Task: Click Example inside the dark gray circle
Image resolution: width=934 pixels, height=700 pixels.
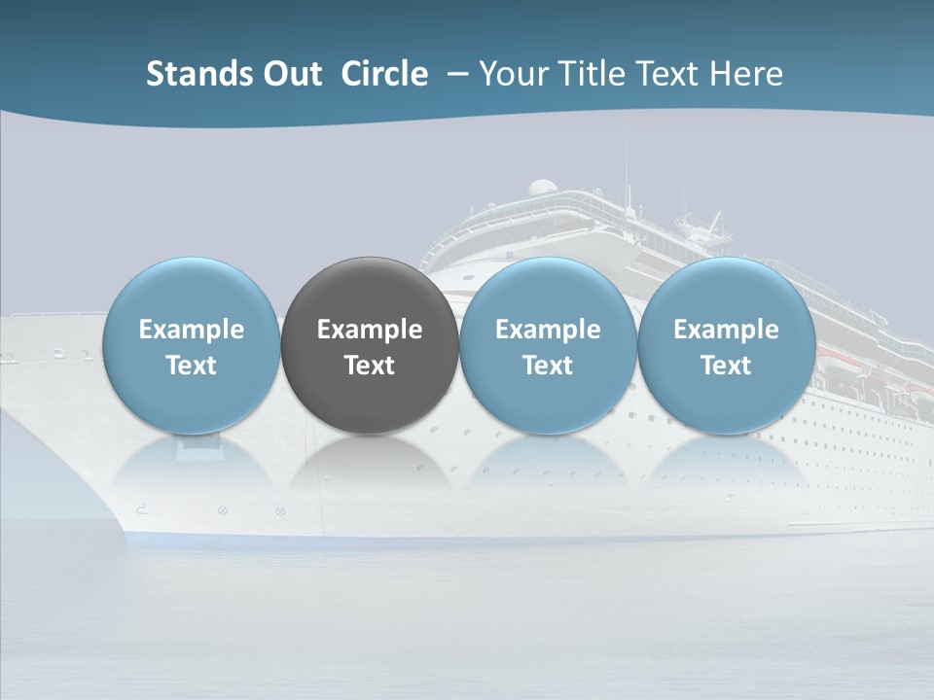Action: pyautogui.click(x=370, y=330)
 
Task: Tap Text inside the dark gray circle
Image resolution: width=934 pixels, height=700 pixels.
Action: pyautogui.click(x=370, y=366)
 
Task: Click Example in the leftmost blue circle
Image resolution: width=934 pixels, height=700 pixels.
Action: pyautogui.click(x=192, y=330)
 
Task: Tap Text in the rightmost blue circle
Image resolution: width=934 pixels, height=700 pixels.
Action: pyautogui.click(x=727, y=366)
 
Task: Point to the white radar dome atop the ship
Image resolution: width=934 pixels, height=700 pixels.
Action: pyautogui.click(x=543, y=187)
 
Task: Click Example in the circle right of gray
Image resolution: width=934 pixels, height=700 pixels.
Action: pyautogui.click(x=548, y=330)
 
